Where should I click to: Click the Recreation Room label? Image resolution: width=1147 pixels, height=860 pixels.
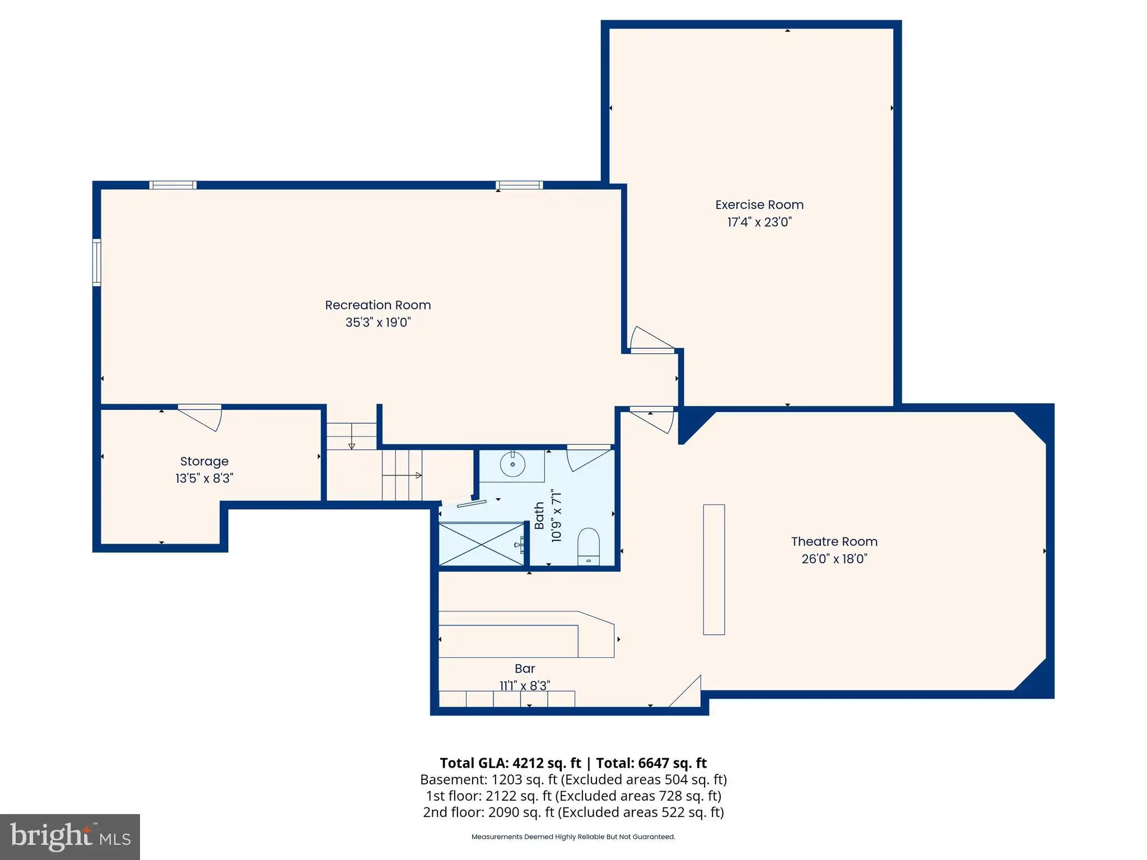378,305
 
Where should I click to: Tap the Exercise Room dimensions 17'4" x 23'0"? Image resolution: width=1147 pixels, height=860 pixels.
759,222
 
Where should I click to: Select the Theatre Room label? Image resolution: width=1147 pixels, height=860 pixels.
834,541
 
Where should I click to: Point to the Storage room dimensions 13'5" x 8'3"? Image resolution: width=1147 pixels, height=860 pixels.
204,478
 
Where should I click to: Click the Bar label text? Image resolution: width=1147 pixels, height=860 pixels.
525,669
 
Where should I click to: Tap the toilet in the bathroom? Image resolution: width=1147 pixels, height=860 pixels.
588,546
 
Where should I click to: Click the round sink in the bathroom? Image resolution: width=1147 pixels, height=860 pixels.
512,464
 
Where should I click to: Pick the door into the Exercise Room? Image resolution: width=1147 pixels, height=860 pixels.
652,340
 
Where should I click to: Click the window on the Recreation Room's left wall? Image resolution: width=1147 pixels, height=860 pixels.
97,263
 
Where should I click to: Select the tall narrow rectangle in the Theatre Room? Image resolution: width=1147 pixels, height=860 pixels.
714,569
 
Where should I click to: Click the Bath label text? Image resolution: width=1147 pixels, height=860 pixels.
539,516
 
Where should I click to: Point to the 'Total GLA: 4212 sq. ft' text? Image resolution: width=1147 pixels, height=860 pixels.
511,763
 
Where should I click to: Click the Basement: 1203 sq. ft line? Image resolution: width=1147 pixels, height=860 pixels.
573,779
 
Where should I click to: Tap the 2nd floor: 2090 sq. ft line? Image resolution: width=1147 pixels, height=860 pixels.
573,812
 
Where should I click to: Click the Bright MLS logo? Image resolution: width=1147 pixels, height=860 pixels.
70,836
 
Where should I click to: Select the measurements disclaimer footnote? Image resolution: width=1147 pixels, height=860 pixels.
573,837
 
